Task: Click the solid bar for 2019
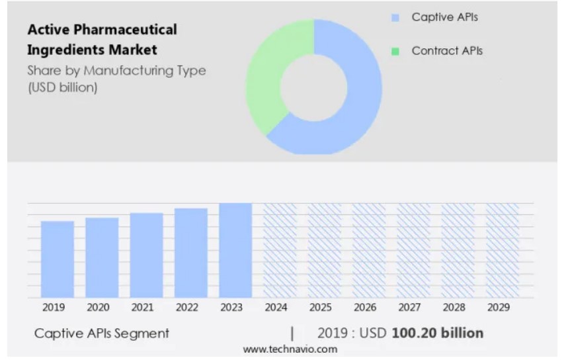(x=58, y=259)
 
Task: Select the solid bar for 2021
(x=146, y=255)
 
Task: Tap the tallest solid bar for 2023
(x=235, y=250)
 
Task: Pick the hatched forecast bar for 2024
(x=280, y=250)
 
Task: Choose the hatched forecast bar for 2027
(x=413, y=250)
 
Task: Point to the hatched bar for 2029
(x=503, y=250)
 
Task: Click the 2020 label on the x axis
(x=98, y=308)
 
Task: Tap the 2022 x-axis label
(x=186, y=308)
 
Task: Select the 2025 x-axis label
(x=320, y=308)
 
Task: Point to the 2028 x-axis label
(x=454, y=308)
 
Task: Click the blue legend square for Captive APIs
(x=395, y=18)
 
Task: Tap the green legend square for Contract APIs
(x=395, y=51)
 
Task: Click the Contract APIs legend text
(x=447, y=51)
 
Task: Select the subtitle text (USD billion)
(x=63, y=87)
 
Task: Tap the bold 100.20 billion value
(x=437, y=332)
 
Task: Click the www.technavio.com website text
(x=290, y=349)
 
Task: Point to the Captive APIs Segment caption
(x=102, y=333)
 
